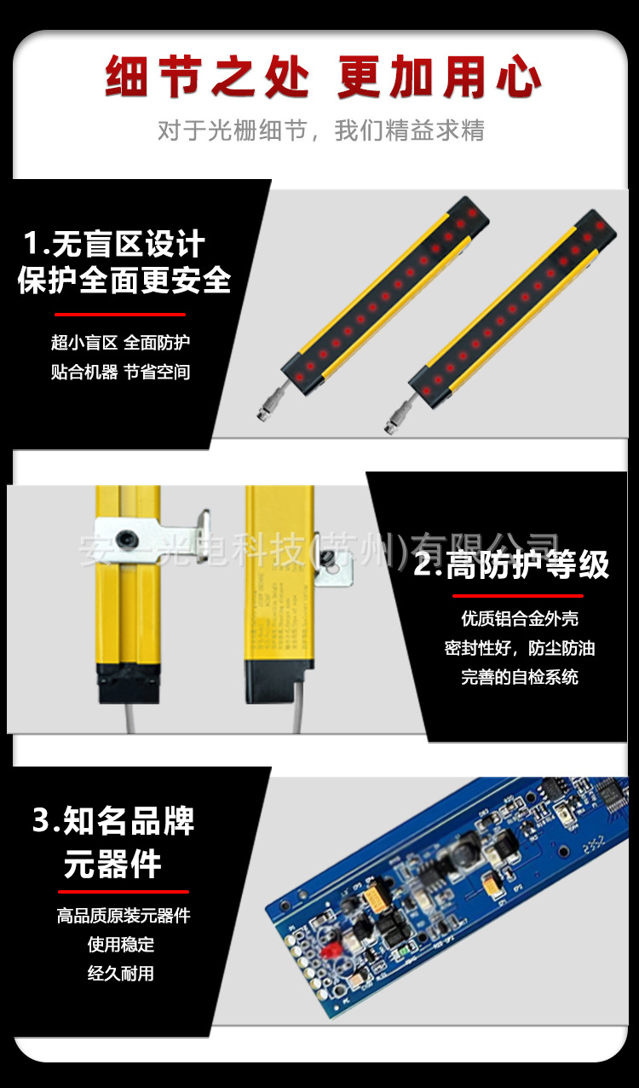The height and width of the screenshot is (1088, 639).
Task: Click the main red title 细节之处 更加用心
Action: pyautogui.click(x=322, y=78)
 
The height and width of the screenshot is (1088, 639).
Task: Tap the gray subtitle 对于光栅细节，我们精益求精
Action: pyautogui.click(x=320, y=130)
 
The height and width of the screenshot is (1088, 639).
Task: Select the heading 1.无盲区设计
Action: pyautogui.click(x=113, y=245)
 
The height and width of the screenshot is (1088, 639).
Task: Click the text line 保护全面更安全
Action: pyautogui.click(x=124, y=281)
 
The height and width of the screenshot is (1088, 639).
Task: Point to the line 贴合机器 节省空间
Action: pyautogui.click(x=120, y=372)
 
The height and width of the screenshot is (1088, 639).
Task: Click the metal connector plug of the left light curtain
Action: pyautogui.click(x=265, y=413)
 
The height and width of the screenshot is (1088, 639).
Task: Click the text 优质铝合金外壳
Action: pyautogui.click(x=520, y=618)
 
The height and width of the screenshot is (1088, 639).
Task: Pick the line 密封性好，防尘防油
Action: pyautogui.click(x=520, y=648)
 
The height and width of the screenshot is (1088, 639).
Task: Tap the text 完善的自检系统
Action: pyautogui.click(x=520, y=677)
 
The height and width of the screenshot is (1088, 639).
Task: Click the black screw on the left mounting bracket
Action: pyautogui.click(x=127, y=539)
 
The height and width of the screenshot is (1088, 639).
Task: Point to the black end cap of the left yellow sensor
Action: pyautogui.click(x=127, y=683)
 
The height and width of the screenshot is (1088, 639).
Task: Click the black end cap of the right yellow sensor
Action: pyautogui.click(x=273, y=682)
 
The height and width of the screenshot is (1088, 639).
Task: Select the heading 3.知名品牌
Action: pyautogui.click(x=113, y=821)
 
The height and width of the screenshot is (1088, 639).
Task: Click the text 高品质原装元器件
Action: pyautogui.click(x=124, y=916)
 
